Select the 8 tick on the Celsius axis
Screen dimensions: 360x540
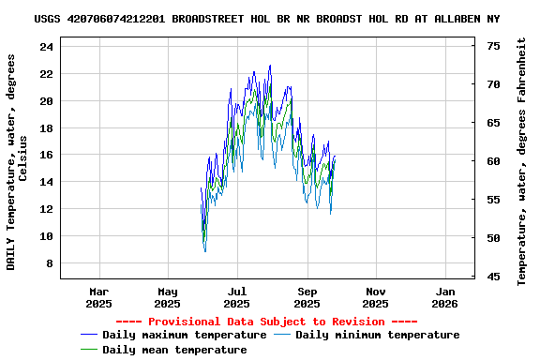49,263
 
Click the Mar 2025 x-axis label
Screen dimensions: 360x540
98,297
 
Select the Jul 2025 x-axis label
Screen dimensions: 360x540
237,297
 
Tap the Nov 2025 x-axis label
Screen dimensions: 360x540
375,297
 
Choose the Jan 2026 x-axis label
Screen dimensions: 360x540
444,297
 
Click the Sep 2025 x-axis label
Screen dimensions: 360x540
307,297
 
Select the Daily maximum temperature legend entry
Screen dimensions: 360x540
184,335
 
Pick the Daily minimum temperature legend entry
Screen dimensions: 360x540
377,335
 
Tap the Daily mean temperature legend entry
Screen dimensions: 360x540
174,350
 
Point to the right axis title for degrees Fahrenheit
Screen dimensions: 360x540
522,161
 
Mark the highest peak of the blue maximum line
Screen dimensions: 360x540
270,66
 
